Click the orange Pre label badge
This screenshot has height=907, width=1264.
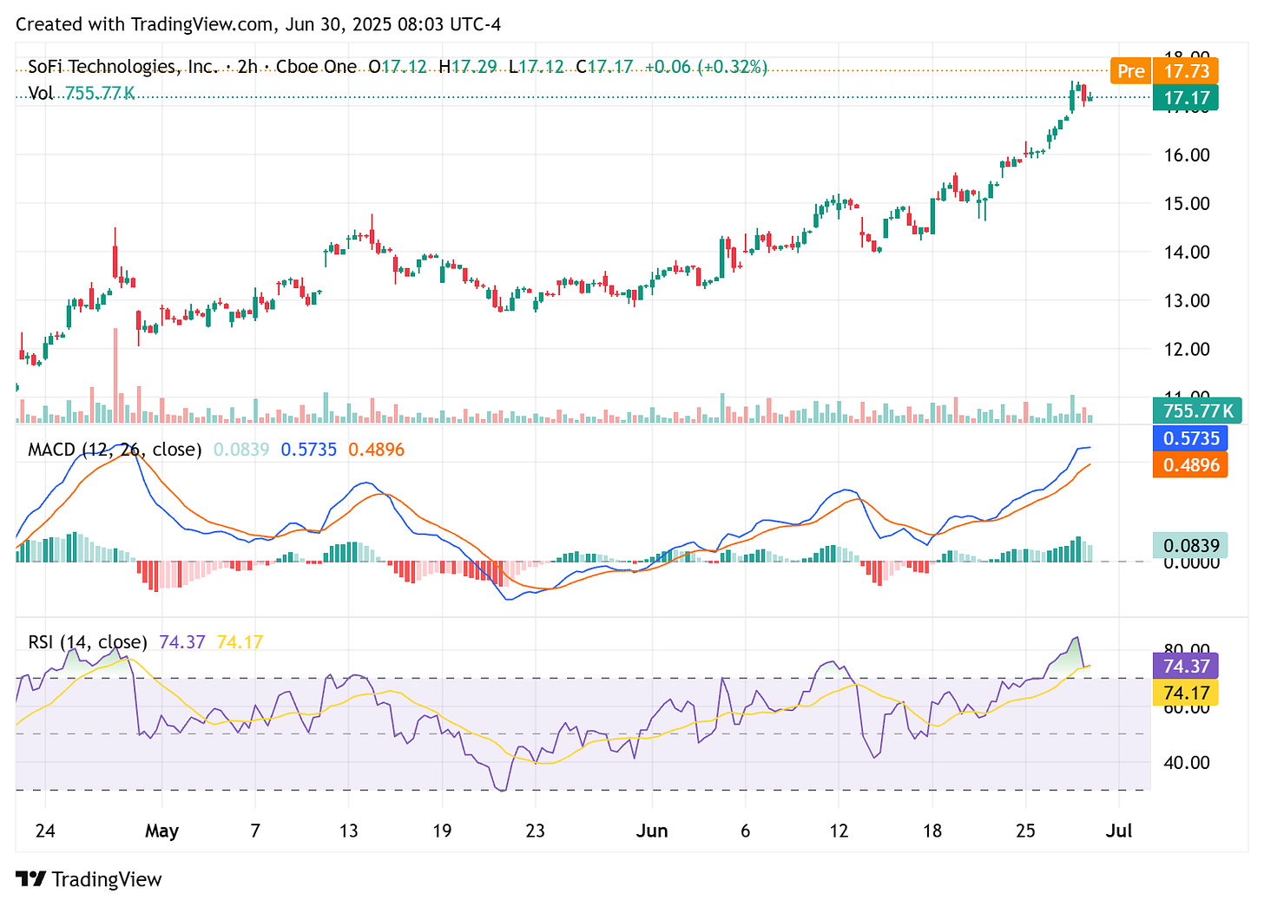(x=1130, y=71)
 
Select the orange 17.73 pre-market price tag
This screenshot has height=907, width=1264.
(x=1186, y=71)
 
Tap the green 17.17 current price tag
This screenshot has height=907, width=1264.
(x=1186, y=98)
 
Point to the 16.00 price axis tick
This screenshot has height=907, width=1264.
(x=1187, y=155)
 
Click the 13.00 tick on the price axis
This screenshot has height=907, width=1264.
(x=1187, y=301)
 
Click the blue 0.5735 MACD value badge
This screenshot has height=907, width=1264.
(x=1190, y=438)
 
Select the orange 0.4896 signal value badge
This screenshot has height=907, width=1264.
(x=1190, y=465)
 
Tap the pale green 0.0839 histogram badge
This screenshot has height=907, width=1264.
(x=1190, y=546)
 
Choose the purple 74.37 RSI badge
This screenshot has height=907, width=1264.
(x=1186, y=666)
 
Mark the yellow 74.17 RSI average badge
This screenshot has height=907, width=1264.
(x=1186, y=693)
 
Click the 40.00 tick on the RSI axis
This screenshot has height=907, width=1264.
(x=1187, y=763)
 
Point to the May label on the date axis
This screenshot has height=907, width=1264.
(x=161, y=831)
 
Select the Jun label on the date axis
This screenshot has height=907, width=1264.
(x=652, y=831)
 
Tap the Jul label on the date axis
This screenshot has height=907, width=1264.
(x=1119, y=831)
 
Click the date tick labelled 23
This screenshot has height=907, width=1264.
(x=535, y=831)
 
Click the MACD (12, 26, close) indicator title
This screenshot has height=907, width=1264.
(x=115, y=450)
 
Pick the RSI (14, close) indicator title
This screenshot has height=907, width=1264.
(x=88, y=642)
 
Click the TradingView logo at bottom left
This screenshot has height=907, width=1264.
(x=89, y=879)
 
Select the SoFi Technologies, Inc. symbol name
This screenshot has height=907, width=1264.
(x=122, y=67)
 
